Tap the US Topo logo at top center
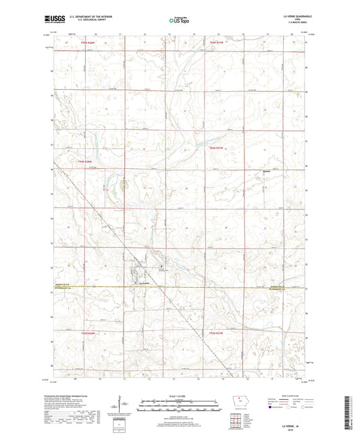[180, 21]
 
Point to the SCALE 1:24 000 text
[180, 394]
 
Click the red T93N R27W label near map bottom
[216, 332]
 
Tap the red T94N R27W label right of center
[216, 148]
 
